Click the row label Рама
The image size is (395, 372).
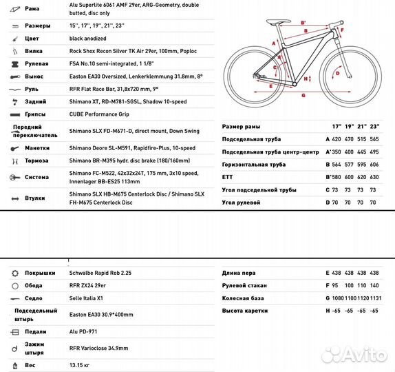click(32, 10)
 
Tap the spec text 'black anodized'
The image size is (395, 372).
click(87, 39)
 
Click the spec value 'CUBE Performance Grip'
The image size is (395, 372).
click(100, 115)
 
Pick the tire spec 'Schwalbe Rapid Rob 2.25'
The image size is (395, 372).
click(103, 273)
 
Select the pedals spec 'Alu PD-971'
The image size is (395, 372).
click(85, 331)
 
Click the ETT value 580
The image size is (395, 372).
click(337, 177)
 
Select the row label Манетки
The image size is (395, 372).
click(39, 147)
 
